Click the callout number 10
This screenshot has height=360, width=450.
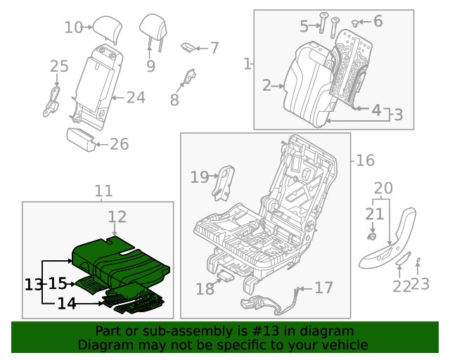pos(73,27)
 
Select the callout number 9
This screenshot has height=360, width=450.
pos(150,66)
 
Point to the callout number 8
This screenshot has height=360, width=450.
pos(174,101)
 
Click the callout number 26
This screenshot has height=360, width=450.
pos(119,144)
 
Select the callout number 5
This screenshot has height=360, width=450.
pos(304,27)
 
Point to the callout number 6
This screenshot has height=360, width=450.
pos(378,21)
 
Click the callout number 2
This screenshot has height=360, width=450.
pos(266,86)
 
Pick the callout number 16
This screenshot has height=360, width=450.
pos(365,161)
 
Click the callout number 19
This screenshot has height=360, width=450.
pos(200,177)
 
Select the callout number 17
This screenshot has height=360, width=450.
pos(323,287)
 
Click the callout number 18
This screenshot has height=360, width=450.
pos(205,288)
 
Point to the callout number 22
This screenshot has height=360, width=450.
pos(401,286)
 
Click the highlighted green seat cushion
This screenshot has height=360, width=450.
pos(120,256)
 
